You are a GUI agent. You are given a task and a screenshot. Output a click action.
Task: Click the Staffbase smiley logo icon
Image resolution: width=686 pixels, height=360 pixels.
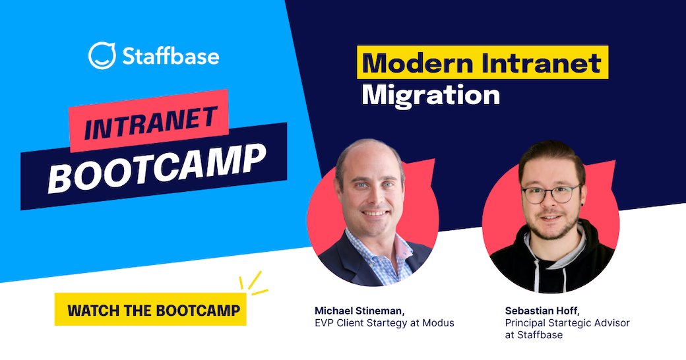tap(102, 55)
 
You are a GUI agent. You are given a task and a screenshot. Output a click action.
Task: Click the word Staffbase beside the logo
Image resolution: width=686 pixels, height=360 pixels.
tap(170, 55)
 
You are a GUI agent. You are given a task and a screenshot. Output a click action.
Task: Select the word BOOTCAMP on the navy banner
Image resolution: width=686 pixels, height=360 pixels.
tap(157, 165)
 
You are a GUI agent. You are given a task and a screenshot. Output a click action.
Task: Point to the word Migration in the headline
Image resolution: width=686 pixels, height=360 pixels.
tap(431, 94)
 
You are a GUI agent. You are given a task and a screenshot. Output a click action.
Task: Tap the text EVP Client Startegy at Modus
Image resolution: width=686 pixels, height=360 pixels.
tap(384, 323)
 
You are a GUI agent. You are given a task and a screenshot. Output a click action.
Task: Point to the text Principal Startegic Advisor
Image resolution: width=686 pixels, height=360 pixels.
tap(567, 323)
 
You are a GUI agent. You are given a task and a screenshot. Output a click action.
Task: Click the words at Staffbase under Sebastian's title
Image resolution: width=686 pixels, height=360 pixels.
tap(534, 335)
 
